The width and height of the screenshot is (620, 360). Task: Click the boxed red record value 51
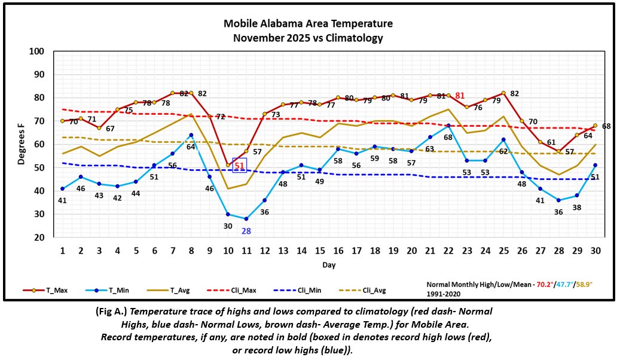(239, 166)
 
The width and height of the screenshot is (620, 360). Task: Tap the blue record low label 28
(246, 231)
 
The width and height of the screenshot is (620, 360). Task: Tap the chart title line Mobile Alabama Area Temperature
(308, 24)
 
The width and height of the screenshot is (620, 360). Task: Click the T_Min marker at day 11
(246, 219)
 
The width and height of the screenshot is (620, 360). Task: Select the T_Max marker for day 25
(504, 93)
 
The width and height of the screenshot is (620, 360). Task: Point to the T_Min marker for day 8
(191, 135)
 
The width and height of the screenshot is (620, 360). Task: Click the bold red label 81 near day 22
(460, 96)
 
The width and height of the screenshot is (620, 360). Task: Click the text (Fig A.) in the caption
(112, 312)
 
